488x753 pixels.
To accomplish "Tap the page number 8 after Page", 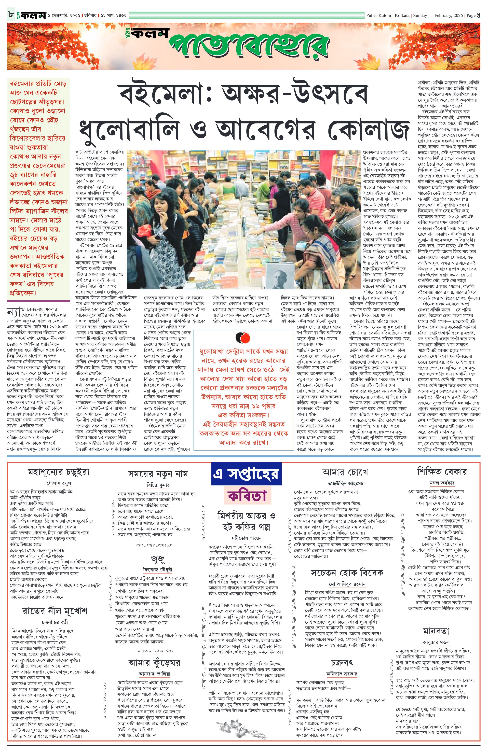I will click(x=479, y=15).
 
